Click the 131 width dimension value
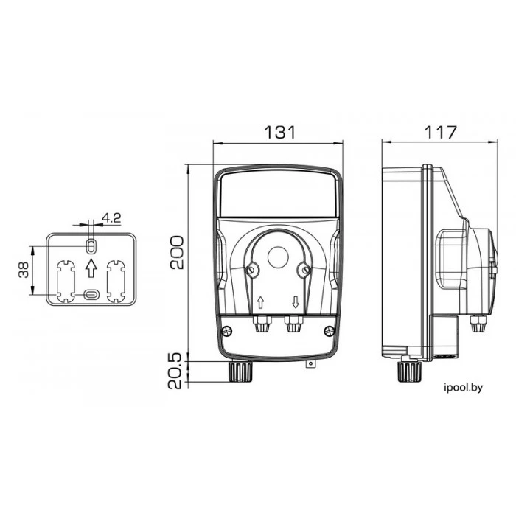280,132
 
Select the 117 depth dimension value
440,132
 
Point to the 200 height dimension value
177,252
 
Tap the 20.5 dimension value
175,371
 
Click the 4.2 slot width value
111,217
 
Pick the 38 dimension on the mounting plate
24,270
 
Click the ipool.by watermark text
463,388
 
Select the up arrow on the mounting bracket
91,268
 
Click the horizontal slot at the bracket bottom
91,295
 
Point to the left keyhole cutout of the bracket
66,281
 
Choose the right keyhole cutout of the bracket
116,281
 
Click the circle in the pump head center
278,257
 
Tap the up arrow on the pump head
261,302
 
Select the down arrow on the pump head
296,302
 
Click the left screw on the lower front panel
227,331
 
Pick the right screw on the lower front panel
329,331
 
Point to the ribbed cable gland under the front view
240,372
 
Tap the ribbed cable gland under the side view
410,372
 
